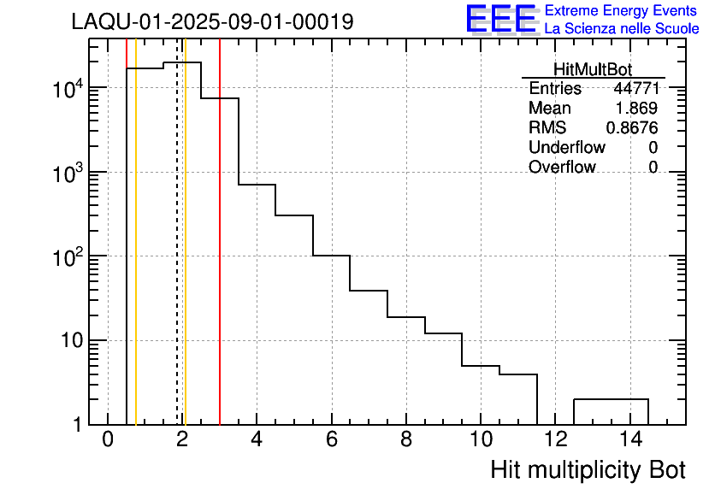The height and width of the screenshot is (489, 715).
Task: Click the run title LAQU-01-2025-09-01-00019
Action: tap(212, 22)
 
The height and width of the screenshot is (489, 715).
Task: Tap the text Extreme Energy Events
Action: tap(621, 11)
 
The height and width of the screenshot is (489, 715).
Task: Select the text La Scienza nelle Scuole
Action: tap(621, 28)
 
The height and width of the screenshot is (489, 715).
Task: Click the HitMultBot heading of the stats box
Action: tap(593, 70)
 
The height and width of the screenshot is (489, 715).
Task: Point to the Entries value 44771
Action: tap(635, 89)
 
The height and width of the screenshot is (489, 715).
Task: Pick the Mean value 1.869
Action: tap(636, 109)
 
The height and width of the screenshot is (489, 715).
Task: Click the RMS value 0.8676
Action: tap(631, 128)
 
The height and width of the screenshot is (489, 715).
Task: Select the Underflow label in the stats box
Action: tap(566, 147)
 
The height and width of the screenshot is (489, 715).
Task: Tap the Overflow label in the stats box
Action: tap(562, 167)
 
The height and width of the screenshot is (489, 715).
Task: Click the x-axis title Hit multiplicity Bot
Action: tap(588, 469)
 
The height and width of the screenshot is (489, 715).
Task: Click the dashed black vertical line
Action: tap(177, 256)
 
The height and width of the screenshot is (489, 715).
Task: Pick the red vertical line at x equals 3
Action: tap(220, 256)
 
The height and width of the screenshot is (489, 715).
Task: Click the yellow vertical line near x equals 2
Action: tap(185, 256)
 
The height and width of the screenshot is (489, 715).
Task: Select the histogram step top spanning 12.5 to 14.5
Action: tap(611, 399)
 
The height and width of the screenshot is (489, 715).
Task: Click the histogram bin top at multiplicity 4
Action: tap(257, 185)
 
